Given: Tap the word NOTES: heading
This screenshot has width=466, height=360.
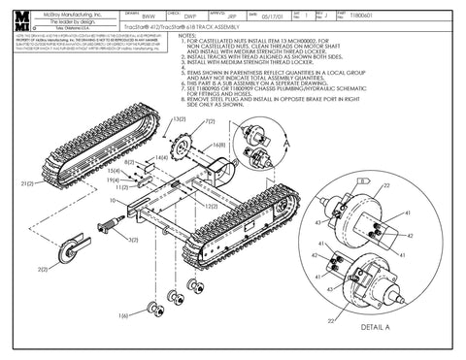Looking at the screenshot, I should [180, 34].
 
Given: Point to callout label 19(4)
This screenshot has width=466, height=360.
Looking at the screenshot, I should [113, 180].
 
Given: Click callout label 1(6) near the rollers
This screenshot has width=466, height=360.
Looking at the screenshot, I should [124, 315].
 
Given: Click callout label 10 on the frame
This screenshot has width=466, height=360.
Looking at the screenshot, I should [114, 201].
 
